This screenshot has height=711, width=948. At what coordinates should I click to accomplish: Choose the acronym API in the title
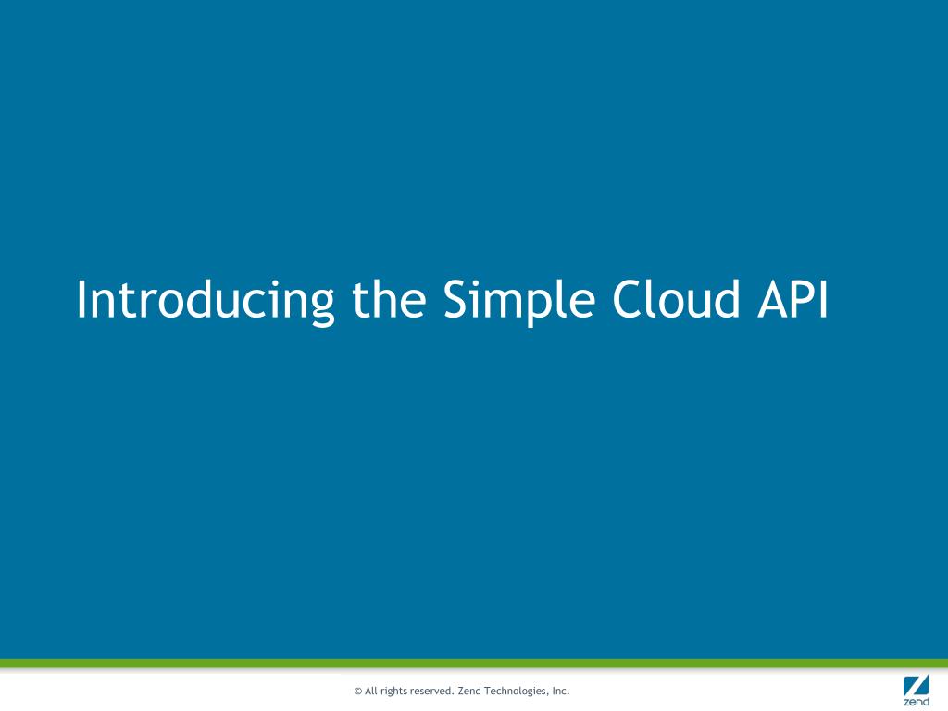coord(792,300)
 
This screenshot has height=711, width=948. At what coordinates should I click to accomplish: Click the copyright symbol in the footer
coord(357,692)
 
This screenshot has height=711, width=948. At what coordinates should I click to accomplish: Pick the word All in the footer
coord(371,691)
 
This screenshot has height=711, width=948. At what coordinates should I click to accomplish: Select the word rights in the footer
coord(395,692)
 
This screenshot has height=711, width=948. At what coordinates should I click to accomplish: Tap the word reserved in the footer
coord(433,691)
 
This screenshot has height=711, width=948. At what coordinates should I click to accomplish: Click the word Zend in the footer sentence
coord(470,691)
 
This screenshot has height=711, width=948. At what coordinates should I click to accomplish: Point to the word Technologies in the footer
coord(518,692)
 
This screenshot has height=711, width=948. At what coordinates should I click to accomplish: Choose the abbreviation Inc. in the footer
coord(560,691)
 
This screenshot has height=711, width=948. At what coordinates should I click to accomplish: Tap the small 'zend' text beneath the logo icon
coord(916,703)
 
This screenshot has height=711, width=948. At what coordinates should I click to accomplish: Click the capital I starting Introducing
coord(81,300)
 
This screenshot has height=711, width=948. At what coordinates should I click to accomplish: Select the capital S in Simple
coord(456,300)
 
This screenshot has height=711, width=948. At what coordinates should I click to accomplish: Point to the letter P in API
coord(801,300)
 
